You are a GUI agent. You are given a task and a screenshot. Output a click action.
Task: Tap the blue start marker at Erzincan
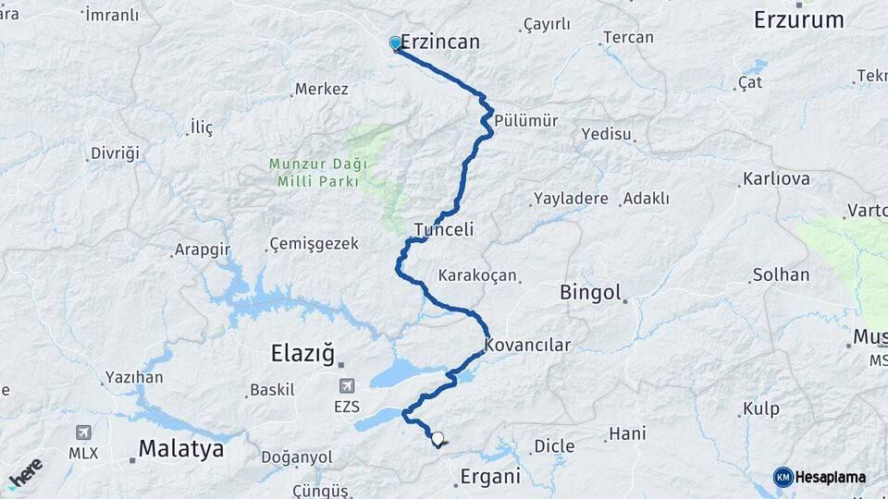point(395,43)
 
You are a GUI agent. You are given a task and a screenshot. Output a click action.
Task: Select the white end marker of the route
point(438,439)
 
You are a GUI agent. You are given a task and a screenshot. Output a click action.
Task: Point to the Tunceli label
point(444,229)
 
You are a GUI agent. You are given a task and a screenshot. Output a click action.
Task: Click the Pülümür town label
point(526,120)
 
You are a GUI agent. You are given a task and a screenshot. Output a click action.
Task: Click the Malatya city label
point(181,450)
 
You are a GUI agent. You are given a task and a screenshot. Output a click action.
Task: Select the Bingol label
point(590,293)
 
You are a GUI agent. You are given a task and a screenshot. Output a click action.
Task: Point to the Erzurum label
point(799,20)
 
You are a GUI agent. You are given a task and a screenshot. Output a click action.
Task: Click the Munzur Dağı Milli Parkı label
point(318,173)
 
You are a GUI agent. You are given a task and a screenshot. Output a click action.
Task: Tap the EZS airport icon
point(347,385)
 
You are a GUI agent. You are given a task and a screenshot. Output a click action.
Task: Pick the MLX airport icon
point(83,432)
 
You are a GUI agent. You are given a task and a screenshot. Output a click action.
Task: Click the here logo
point(25,473)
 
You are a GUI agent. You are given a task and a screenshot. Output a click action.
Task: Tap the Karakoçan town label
point(477,275)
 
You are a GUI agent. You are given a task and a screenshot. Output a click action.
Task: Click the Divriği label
point(115,153)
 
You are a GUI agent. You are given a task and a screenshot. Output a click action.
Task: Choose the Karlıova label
point(776,179)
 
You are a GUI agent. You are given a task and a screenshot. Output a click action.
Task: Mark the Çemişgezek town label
point(312,244)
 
